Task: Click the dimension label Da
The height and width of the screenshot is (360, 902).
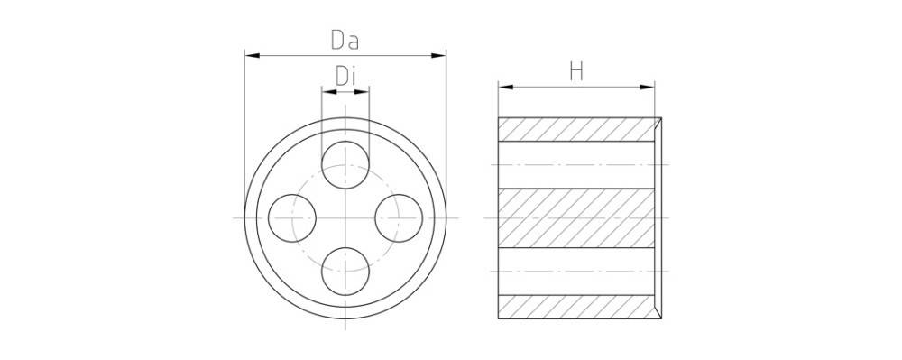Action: click(346, 40)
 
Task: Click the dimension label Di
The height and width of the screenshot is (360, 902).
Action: click(346, 77)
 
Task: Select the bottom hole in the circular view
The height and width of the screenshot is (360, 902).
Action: click(346, 271)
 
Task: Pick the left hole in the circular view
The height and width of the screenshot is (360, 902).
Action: click(292, 218)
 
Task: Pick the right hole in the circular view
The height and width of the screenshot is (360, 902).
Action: click(399, 218)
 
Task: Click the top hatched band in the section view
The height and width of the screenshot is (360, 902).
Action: click(577, 129)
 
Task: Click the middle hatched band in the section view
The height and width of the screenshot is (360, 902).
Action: click(577, 217)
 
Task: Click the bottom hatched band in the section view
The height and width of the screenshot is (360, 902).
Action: click(577, 307)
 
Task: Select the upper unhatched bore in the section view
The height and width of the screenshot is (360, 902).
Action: click(577, 164)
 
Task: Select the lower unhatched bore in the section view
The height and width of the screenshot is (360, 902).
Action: click(577, 271)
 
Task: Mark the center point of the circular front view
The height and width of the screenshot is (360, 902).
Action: click(346, 218)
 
